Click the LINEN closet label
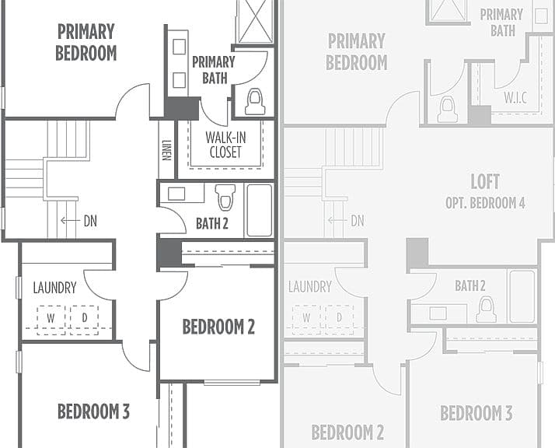(166, 150)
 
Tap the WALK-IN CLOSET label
(225, 145)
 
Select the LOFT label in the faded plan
(485, 182)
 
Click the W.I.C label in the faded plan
(515, 98)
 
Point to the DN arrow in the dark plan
(70, 221)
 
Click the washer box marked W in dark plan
(51, 320)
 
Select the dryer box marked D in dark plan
(84, 320)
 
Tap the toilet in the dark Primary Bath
(255, 102)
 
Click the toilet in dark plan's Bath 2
(225, 198)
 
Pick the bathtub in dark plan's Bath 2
(260, 210)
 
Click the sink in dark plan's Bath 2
(176, 194)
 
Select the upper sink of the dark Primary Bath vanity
(179, 47)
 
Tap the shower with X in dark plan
(255, 21)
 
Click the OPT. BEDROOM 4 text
(485, 203)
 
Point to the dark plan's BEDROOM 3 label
(93, 411)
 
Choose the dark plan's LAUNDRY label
(55, 288)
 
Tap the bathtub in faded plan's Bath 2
(522, 296)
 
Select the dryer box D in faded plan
(339, 320)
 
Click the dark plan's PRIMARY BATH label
(214, 70)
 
